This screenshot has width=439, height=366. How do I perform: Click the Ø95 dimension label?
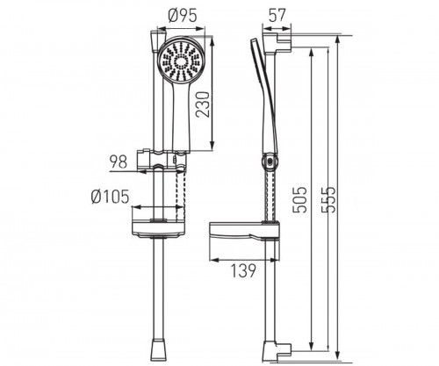coord(183,16)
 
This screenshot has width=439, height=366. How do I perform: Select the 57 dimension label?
coord(277,16)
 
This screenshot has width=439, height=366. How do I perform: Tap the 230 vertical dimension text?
coord(203,104)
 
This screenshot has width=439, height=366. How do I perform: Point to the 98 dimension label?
coord(119,161)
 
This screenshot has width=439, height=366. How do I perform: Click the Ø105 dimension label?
coord(110,197)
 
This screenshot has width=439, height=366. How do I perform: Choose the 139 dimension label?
coord(243,270)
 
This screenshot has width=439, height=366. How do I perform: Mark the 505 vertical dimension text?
coord(299,199)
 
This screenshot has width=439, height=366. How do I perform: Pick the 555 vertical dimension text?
coord(327,199)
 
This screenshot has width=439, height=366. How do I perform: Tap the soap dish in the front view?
coord(158,228)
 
